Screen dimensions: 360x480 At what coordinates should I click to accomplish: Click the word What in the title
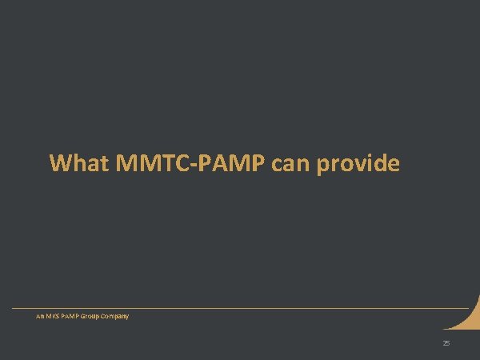click(x=79, y=163)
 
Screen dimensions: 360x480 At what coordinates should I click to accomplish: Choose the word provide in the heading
click(x=358, y=165)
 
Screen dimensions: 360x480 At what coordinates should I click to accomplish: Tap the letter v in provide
click(x=361, y=166)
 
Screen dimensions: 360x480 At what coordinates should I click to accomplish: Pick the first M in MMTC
click(x=128, y=163)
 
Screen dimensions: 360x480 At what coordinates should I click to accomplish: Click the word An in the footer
click(x=40, y=316)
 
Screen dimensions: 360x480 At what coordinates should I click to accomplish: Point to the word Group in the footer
click(x=95, y=316)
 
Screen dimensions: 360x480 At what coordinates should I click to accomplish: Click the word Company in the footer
click(x=118, y=316)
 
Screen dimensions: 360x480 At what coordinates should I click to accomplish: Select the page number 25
click(x=446, y=343)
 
